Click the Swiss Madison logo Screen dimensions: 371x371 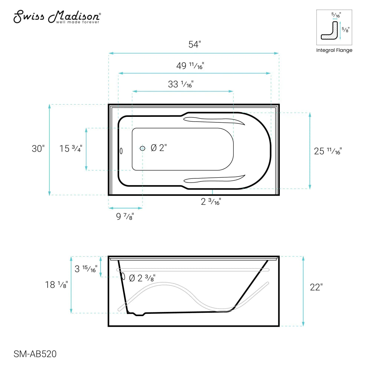[57, 17]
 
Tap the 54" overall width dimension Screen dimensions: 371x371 [194, 45]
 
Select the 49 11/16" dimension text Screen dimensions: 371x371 [190, 66]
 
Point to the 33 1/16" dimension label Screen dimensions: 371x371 [181, 84]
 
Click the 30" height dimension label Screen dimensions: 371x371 [38, 149]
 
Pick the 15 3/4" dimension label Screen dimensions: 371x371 [70, 149]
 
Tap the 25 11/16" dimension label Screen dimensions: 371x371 [328, 151]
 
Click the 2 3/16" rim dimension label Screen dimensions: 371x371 [211, 202]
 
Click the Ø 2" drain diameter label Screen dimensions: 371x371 [159, 148]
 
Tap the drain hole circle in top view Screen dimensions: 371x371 [143, 148]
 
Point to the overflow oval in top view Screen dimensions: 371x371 [121, 150]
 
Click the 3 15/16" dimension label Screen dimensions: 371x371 [86, 269]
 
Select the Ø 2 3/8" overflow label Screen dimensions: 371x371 [142, 278]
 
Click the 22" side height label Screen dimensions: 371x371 [316, 287]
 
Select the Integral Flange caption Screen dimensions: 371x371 [334, 50]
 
